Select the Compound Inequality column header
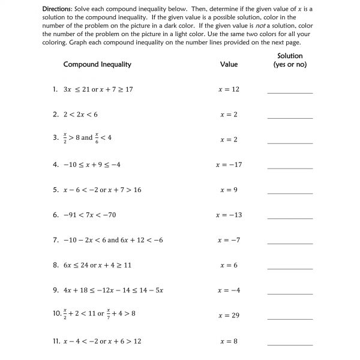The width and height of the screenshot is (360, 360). point(97,64)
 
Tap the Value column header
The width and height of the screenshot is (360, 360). point(229,64)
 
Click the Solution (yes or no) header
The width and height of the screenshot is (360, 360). point(290,60)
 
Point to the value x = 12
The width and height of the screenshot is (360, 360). point(229,89)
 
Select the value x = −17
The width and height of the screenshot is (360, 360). point(229,164)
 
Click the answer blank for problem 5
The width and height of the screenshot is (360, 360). point(290,192)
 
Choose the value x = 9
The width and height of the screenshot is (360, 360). point(229,190)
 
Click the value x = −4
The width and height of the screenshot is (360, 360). point(229,290)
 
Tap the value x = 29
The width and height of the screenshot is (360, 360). point(229,315)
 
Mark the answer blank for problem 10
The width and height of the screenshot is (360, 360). point(290,317)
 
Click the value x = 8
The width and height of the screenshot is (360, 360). point(229,341)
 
